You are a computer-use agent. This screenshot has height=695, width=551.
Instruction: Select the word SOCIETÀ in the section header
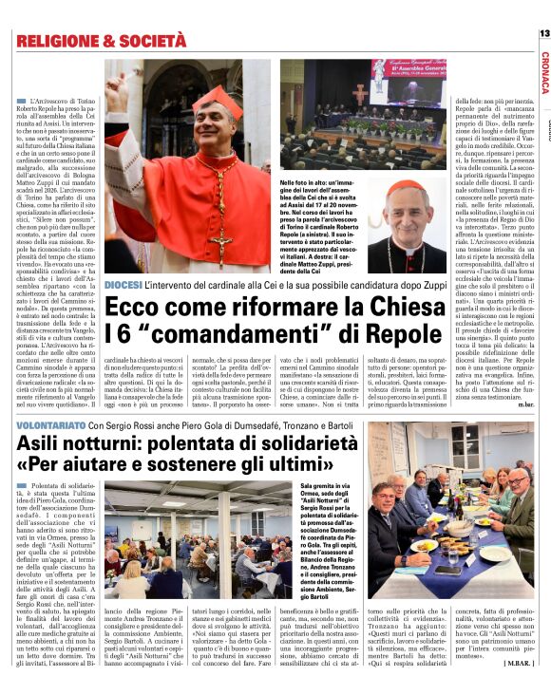150,41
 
